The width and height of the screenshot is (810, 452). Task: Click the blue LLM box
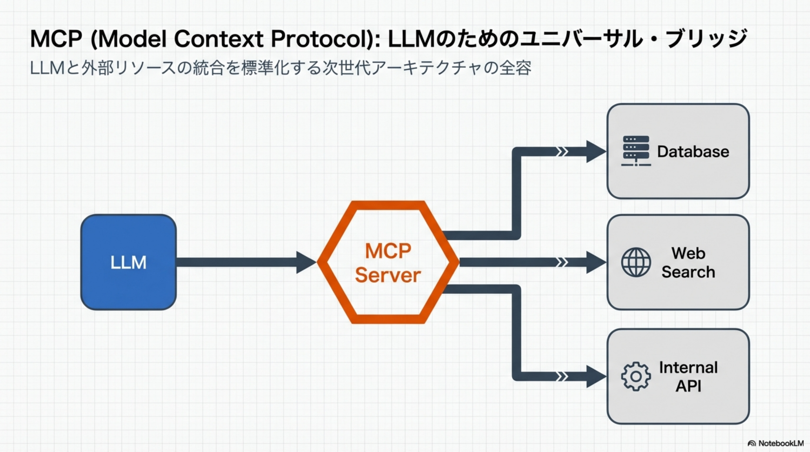tap(128, 262)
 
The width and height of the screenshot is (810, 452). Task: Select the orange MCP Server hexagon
tap(388, 262)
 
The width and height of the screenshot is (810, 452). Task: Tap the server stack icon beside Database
tap(636, 151)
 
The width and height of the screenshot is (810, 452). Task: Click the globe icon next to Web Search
tap(636, 262)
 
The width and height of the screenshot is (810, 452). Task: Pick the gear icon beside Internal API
tap(636, 376)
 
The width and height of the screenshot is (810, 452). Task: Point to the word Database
tap(693, 151)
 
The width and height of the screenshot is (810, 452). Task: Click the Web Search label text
tap(688, 262)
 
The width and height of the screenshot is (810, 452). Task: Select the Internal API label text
tap(688, 376)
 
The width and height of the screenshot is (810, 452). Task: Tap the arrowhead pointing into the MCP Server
tap(306, 262)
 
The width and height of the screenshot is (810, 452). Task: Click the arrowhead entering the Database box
tap(596, 151)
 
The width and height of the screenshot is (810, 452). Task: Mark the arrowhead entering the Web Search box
tap(596, 262)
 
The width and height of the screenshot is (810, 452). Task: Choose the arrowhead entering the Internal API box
tap(596, 376)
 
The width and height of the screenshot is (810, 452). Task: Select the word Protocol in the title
tap(321, 39)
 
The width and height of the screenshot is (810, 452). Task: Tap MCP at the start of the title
tap(56, 39)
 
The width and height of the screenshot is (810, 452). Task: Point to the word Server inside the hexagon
tap(388, 275)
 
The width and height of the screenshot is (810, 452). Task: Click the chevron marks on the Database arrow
tap(562, 151)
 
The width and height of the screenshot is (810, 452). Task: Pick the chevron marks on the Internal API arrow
tap(562, 376)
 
